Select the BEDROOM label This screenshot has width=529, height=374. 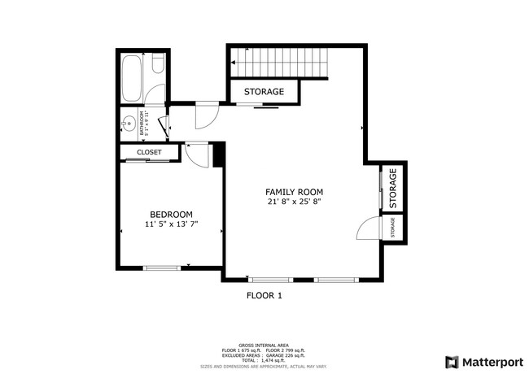click(171, 214)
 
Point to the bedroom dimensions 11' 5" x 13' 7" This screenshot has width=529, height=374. click(171, 224)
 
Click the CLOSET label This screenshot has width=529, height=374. click(149, 152)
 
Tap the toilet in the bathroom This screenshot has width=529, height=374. click(160, 65)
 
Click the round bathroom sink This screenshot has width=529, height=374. click(128, 124)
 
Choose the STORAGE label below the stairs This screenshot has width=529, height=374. click(264, 92)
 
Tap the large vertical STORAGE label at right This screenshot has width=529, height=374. click(393, 187)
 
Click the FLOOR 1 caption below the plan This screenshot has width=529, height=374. click(264, 296)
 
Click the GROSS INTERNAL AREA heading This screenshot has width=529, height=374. click(264, 345)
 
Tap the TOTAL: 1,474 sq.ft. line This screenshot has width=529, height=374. click(264, 359)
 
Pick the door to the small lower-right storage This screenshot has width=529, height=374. click(369, 229)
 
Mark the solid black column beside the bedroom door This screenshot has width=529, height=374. click(218, 154)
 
